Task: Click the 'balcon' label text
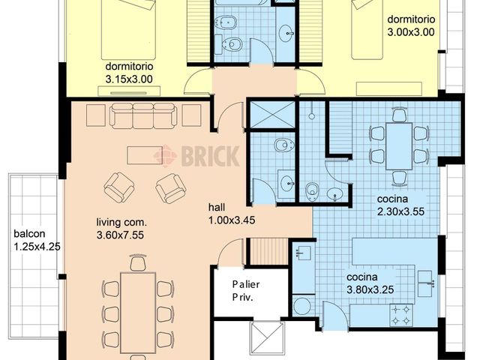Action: tap(29, 234)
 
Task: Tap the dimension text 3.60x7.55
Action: tap(120, 235)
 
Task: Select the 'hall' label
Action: tap(217, 207)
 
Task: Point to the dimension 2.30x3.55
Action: tap(400, 211)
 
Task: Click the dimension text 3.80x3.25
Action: tap(370, 289)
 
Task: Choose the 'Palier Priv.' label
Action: tap(246, 291)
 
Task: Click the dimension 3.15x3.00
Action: tap(129, 79)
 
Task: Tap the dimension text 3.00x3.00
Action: tap(411, 32)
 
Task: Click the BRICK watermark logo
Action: tap(196, 156)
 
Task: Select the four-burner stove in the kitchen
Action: tap(401, 315)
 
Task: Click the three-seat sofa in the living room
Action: tap(143, 115)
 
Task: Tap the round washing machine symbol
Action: tap(301, 305)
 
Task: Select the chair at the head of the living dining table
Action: tap(138, 262)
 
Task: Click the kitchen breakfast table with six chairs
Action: tap(399, 146)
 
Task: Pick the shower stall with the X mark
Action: tap(272, 114)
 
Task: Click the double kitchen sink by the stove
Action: tap(427, 283)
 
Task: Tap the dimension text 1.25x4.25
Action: tap(37, 247)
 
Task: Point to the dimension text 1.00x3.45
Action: tap(232, 220)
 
